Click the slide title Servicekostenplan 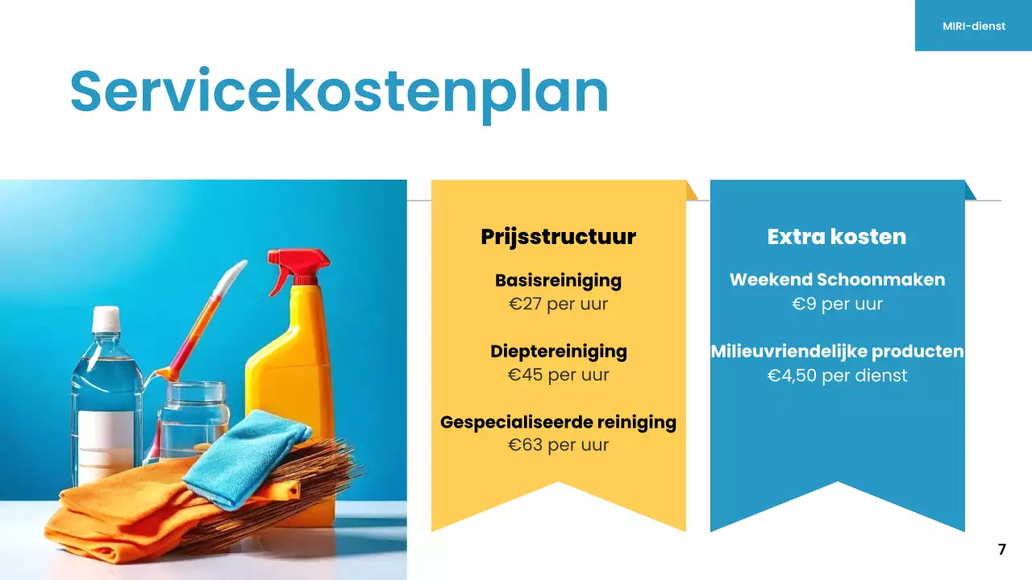point(339,92)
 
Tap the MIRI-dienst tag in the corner point(974,26)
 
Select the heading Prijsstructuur point(558,237)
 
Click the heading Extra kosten point(837,237)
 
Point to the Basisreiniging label point(558,280)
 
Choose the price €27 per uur point(558,304)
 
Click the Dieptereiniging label point(558,351)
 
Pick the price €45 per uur point(558,375)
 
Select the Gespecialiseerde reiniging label point(558,422)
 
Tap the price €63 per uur point(558,445)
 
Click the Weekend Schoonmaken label point(837,280)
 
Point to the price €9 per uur point(837,304)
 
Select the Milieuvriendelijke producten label point(837,351)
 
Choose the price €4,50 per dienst point(837,375)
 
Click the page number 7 point(1002,549)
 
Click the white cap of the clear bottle point(106,319)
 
